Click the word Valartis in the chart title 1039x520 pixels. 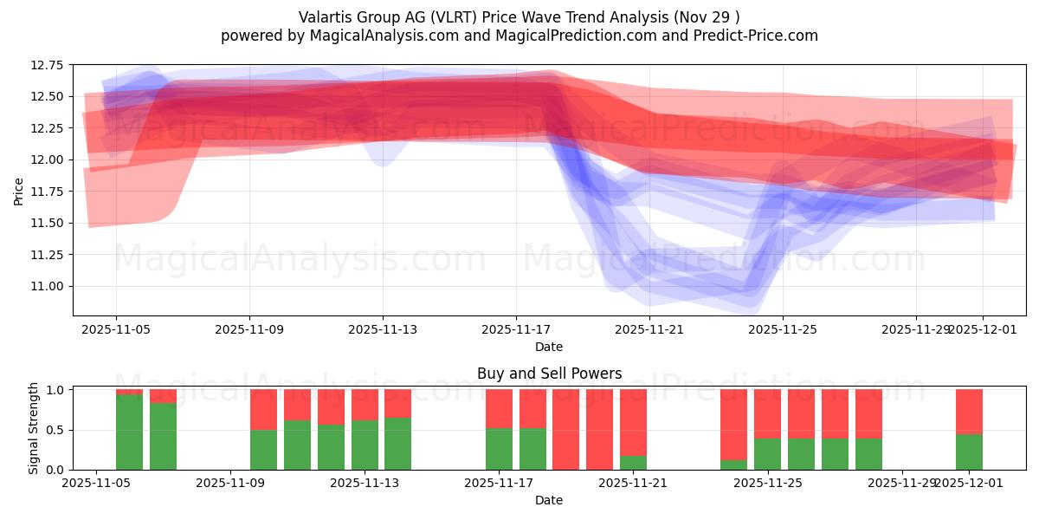[x=325, y=17]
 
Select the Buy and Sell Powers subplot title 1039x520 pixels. [x=549, y=374]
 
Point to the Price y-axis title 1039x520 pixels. [x=19, y=191]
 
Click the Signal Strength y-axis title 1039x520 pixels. [x=34, y=428]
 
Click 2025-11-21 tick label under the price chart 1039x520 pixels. [x=649, y=329]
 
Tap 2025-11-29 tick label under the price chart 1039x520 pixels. [x=914, y=329]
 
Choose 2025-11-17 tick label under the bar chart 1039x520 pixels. [x=500, y=484]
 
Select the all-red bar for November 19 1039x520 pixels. [x=599, y=429]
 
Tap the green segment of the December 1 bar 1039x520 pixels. [x=969, y=452]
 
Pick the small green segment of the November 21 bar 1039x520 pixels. [x=633, y=463]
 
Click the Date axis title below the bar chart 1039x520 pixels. [x=549, y=500]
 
